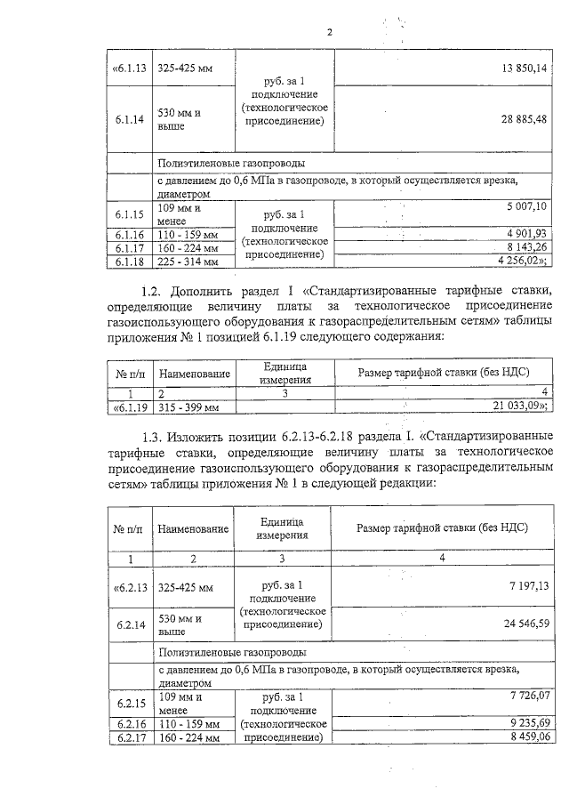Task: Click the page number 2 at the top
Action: [329, 33]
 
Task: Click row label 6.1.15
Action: [129, 214]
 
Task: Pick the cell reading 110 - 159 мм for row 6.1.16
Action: [188, 234]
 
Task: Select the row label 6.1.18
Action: [129, 262]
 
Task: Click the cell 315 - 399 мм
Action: [188, 407]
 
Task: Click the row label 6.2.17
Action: [130, 737]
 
